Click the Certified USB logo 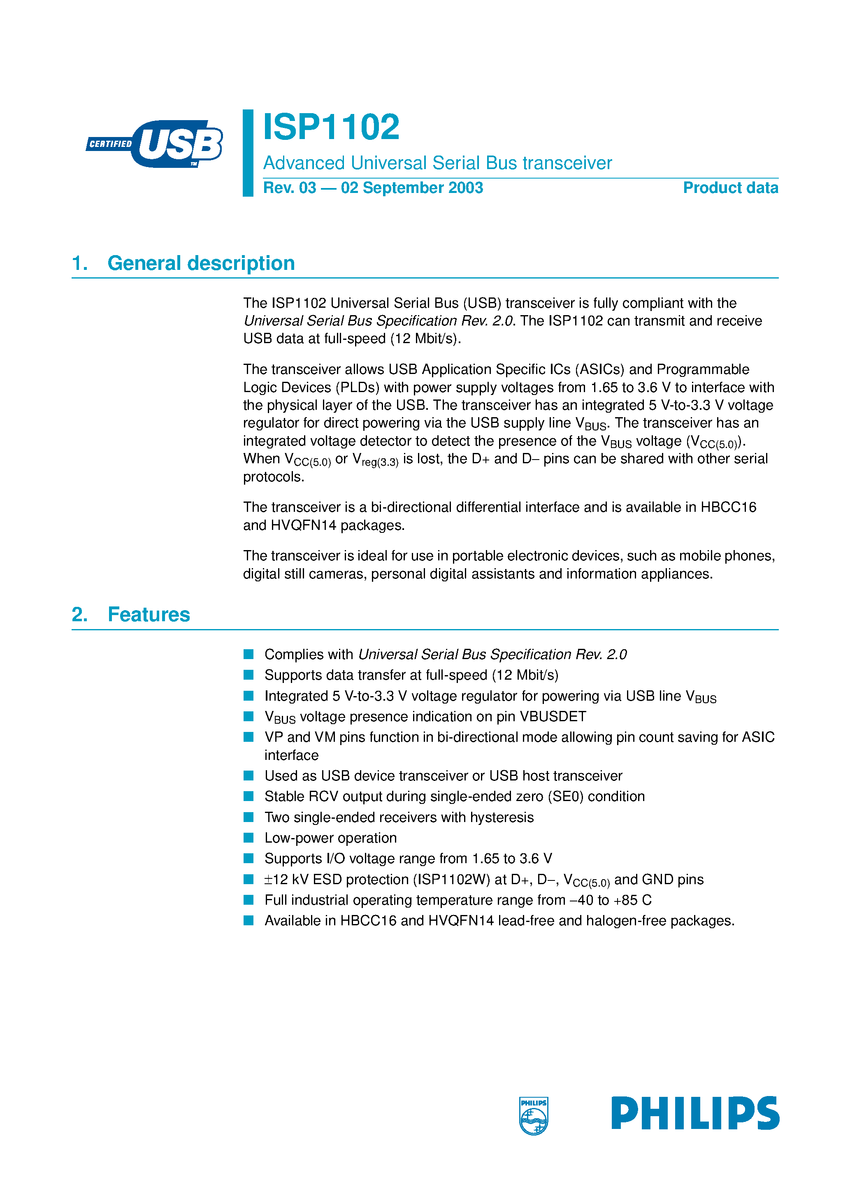(x=155, y=144)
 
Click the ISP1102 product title (x=331, y=127)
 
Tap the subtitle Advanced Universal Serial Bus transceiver (x=437, y=163)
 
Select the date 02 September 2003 (x=412, y=188)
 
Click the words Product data (x=730, y=188)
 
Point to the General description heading (x=201, y=263)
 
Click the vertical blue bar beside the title (x=248, y=153)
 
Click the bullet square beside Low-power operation (x=248, y=838)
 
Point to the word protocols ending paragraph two (x=273, y=477)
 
